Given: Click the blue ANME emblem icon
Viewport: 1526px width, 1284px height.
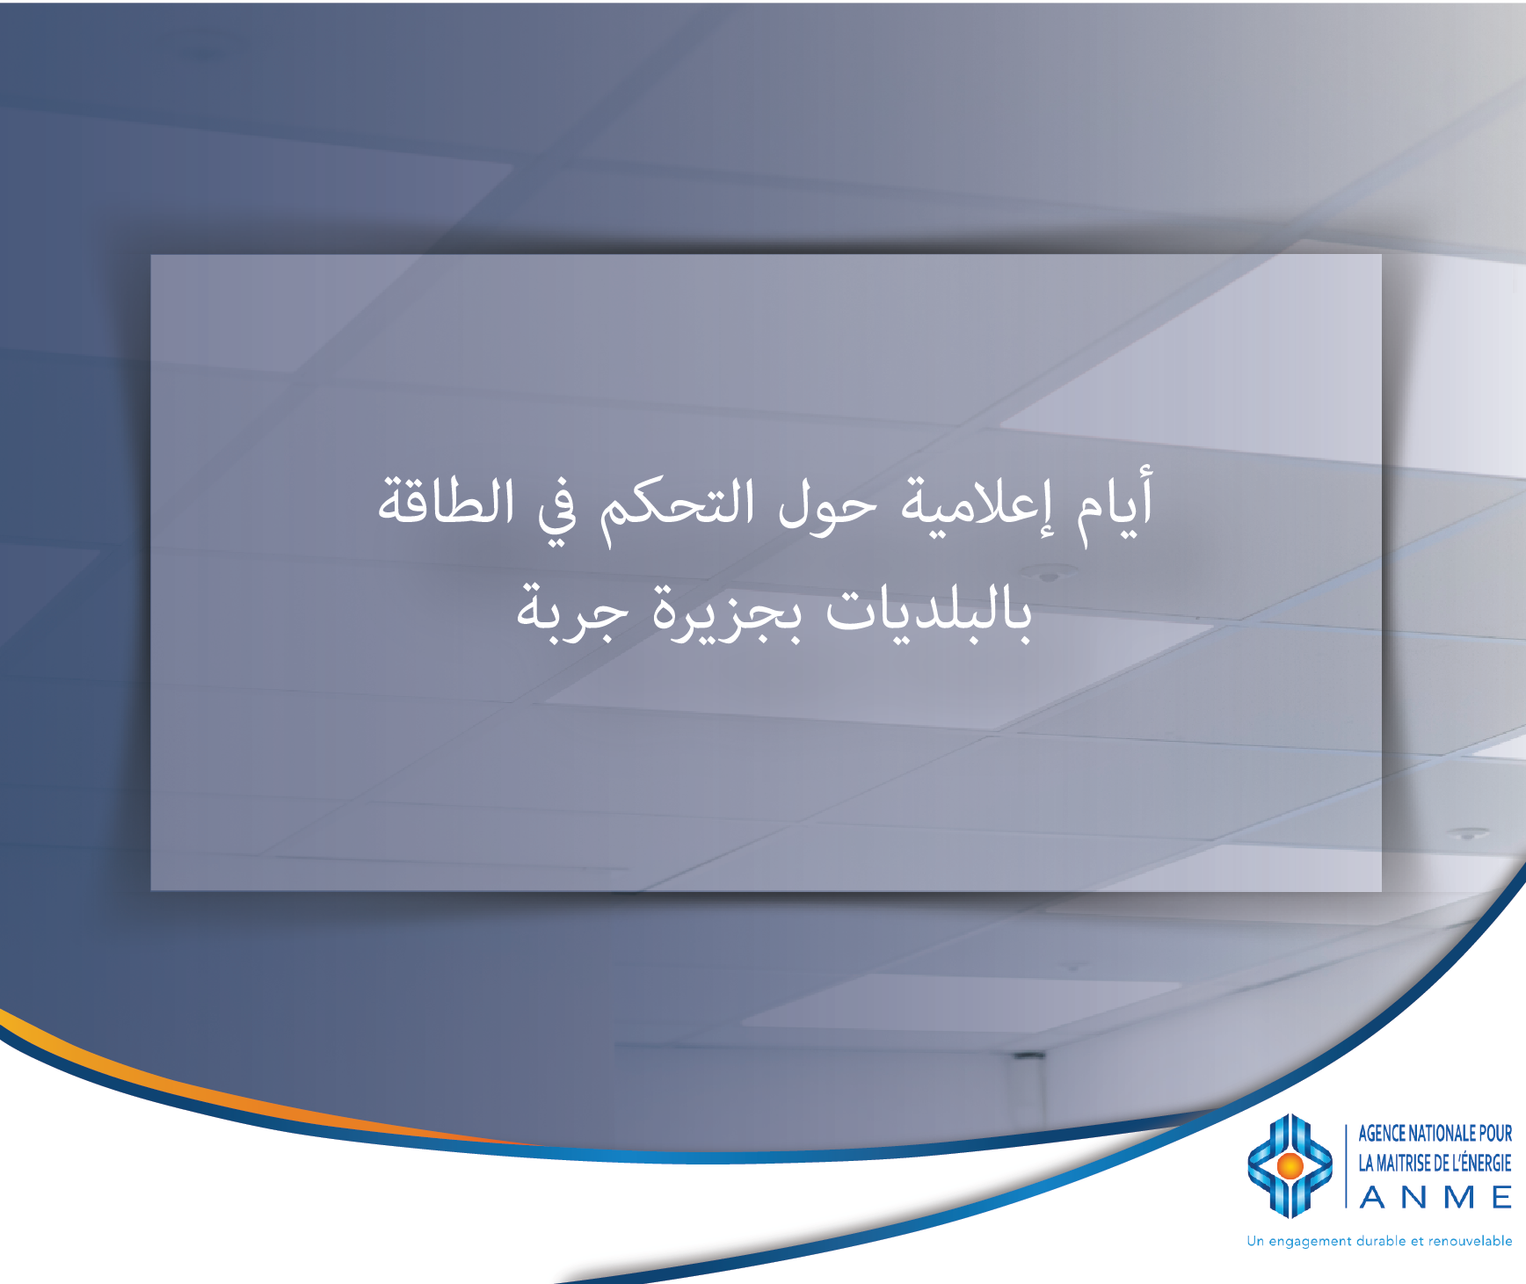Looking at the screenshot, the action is point(1290,1165).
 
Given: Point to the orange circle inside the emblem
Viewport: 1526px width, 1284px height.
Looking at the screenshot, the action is point(1290,1165).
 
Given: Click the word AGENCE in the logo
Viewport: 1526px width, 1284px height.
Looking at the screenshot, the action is point(1382,1134).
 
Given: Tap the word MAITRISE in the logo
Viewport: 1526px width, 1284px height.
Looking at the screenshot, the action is point(1404,1164).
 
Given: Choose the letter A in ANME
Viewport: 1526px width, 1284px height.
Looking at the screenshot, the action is point(1373,1197).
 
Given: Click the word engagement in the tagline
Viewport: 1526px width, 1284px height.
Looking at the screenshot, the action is point(1311,1242).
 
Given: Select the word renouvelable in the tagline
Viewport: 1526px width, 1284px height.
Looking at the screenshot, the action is point(1471,1241).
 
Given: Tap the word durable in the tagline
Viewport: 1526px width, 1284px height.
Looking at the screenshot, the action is point(1381,1241).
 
